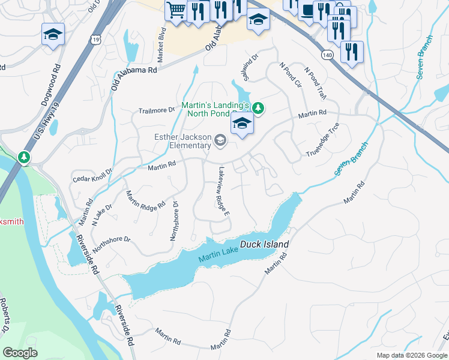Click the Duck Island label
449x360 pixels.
pos(265,245)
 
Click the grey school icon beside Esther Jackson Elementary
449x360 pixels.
pos(220,141)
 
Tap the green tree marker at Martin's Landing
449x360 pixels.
pos(258,108)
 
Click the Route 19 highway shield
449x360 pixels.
pos(96,40)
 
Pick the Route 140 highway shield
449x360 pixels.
pos(327,55)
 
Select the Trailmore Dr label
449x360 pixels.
pos(156,110)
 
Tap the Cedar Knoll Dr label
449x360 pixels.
pos(92,174)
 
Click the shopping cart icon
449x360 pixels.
pos(175,10)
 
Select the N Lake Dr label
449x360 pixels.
pos(102,214)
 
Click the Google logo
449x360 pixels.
pos(20,353)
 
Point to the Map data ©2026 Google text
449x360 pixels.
pos(411,355)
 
